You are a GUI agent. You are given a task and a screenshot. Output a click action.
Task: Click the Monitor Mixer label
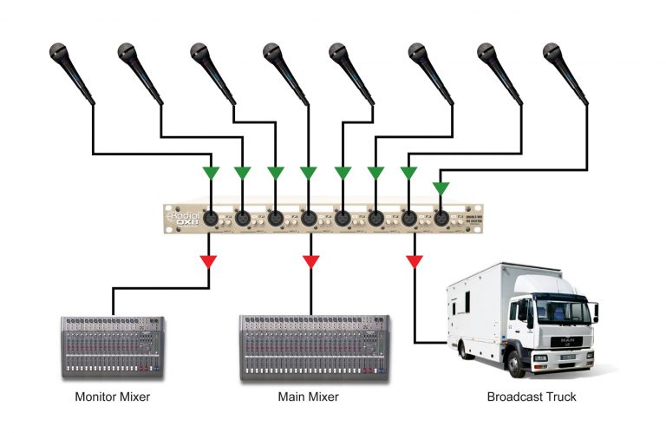click(x=112, y=397)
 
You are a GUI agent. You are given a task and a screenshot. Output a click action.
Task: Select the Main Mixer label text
click(x=308, y=397)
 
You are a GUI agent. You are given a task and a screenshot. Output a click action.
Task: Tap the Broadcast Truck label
click(x=532, y=397)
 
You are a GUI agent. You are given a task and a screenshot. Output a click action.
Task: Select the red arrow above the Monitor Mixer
click(x=209, y=259)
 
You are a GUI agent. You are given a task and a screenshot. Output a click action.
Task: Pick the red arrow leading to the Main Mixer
click(x=311, y=259)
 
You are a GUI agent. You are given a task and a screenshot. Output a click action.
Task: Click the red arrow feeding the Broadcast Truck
click(x=415, y=259)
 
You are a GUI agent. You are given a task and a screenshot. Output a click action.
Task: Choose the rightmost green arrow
click(x=441, y=187)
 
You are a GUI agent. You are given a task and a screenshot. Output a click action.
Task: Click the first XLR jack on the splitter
click(x=210, y=218)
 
